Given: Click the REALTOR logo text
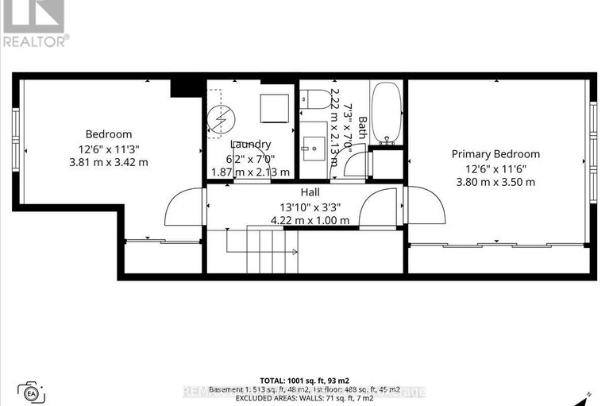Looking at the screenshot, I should point(34,40).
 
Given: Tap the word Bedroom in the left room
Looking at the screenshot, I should point(109,134).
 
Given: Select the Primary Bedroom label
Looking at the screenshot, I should point(495,154).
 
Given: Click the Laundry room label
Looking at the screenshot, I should point(251,145).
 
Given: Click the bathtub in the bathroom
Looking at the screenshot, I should point(387,112).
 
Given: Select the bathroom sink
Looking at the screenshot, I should point(314,147).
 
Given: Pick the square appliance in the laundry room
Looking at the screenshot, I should point(274,106).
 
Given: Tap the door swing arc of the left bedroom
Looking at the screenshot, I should point(183,207).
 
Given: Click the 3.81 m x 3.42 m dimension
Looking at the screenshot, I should point(109,162).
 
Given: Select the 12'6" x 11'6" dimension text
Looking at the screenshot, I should point(495,168).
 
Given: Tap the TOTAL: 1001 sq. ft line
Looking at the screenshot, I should point(305,381).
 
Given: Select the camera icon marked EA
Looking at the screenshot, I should point(32,392).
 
